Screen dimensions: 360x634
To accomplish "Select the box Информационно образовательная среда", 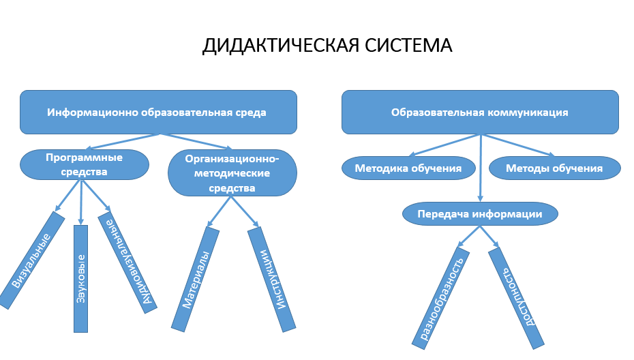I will coord(157,112).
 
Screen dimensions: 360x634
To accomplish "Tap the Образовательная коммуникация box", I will coord(480,112).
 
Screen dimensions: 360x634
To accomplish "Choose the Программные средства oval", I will coord(85,164).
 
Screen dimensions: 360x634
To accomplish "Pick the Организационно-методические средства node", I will coord(232,172).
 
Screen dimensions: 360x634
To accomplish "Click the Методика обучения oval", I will coord(408,168).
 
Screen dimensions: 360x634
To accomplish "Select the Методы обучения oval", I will coord(554,168).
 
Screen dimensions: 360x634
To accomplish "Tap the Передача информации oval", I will coord(480,214).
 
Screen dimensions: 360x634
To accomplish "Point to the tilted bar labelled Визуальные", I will coord(31,260).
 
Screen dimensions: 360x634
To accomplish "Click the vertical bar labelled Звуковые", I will coord(80,279).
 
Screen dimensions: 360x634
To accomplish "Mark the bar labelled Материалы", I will coord(195,280).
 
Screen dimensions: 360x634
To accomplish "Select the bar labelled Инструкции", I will coord(272,280).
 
